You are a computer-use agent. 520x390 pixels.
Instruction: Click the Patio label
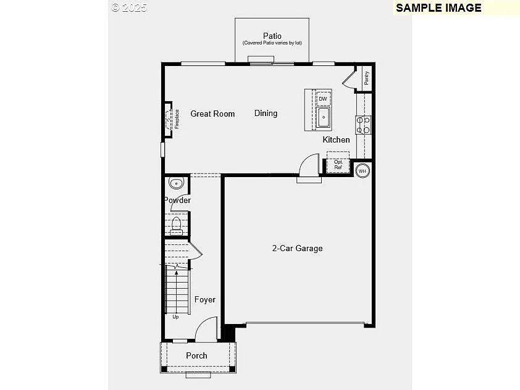pyautogui.click(x=272, y=36)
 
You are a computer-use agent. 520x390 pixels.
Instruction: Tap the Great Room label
pyautogui.click(x=212, y=114)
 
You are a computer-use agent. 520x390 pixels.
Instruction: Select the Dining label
pyautogui.click(x=266, y=113)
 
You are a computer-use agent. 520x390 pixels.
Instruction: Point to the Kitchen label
pyautogui.click(x=336, y=139)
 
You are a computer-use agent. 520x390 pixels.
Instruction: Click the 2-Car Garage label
pyautogui.click(x=297, y=248)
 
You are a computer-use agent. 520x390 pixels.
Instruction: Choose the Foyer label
pyautogui.click(x=205, y=299)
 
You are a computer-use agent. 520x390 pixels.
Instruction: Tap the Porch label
pyautogui.click(x=196, y=355)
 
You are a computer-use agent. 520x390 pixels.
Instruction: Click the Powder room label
pyautogui.click(x=177, y=200)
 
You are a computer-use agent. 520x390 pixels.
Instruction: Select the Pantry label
pyautogui.click(x=366, y=78)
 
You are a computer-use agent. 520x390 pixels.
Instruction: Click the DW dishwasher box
pyautogui.click(x=323, y=99)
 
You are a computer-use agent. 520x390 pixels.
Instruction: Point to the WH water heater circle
pyautogui.click(x=363, y=170)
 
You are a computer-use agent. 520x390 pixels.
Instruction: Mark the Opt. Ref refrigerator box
pyautogui.click(x=338, y=164)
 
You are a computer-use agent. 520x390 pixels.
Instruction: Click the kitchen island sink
pyautogui.click(x=324, y=117)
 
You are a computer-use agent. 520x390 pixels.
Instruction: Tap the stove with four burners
pyautogui.click(x=363, y=125)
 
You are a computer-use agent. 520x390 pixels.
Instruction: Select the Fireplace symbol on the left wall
pyautogui.click(x=169, y=118)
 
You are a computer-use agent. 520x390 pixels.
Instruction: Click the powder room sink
pyautogui.click(x=177, y=183)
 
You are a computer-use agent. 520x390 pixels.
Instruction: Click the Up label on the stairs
pyautogui.click(x=175, y=317)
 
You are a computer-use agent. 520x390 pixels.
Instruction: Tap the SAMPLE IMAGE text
pyautogui.click(x=438, y=8)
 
